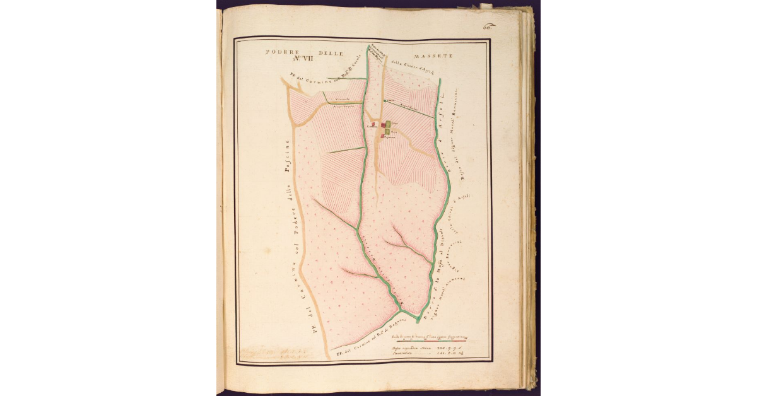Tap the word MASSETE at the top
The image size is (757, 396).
(434, 56)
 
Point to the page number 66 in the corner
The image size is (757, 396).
(487, 26)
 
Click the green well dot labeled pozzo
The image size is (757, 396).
(384, 100)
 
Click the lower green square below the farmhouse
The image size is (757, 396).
(387, 131)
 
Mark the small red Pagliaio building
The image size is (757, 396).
(383, 136)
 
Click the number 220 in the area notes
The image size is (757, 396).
(438, 347)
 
